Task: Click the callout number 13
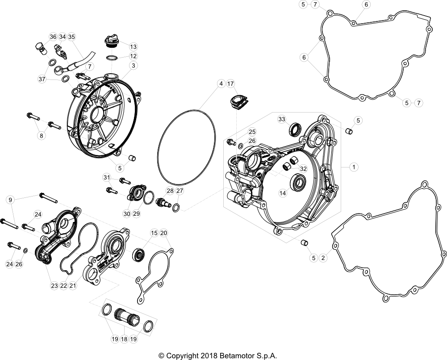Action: pyautogui.click(x=133, y=46)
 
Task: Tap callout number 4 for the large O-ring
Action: pyautogui.click(x=221, y=84)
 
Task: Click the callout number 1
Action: pyautogui.click(x=354, y=167)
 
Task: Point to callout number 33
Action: pyautogui.click(x=282, y=119)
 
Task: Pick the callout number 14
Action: pyautogui.click(x=283, y=193)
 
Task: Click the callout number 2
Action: pyautogui.click(x=323, y=258)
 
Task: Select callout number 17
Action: pyautogui.click(x=230, y=84)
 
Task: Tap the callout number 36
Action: pyautogui.click(x=53, y=37)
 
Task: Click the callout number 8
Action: pyautogui.click(x=42, y=136)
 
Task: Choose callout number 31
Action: pyautogui.click(x=107, y=178)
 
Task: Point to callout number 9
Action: pyautogui.click(x=10, y=200)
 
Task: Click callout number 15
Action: pyautogui.click(x=154, y=233)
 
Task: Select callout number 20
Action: pyautogui.click(x=163, y=233)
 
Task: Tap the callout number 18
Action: pyautogui.click(x=124, y=339)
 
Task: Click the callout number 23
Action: pyautogui.click(x=54, y=285)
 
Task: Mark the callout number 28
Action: pyautogui.click(x=170, y=191)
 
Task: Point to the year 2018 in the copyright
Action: pyautogui.click(x=209, y=356)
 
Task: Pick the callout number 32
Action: pyautogui.click(x=303, y=169)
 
